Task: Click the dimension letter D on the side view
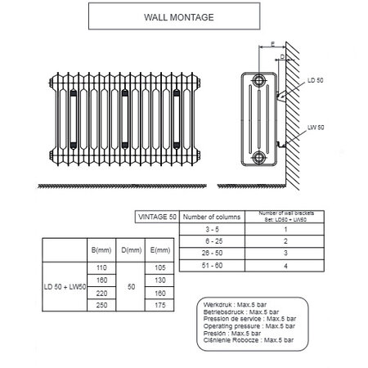pos(281,56)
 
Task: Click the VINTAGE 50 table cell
pos(155,217)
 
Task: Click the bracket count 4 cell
pos(285,267)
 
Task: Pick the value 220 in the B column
pos(102,292)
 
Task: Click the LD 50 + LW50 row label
pos(64,286)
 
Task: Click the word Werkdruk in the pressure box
pos(216,303)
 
